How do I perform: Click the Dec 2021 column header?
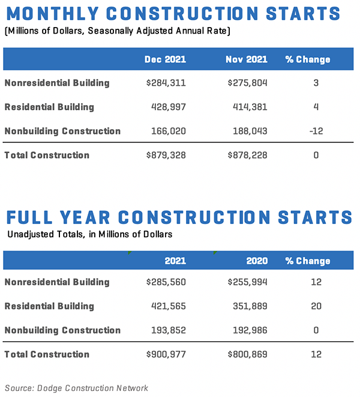pos(165,59)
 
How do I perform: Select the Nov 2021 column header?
pos(247,59)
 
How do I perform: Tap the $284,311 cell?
pos(166,83)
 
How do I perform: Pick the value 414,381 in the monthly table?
pos(248,107)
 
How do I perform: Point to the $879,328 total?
pos(166,155)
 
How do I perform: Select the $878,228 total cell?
pos(247,155)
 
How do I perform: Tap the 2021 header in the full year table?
pos(175,261)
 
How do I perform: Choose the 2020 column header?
pos(257,261)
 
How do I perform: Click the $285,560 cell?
pos(166,282)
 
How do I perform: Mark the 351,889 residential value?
pos(248,306)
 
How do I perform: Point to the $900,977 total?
pos(166,354)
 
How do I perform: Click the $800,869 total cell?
pos(247,354)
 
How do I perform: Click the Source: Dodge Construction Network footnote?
pos(76,388)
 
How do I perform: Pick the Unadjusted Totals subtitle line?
pos(90,234)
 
